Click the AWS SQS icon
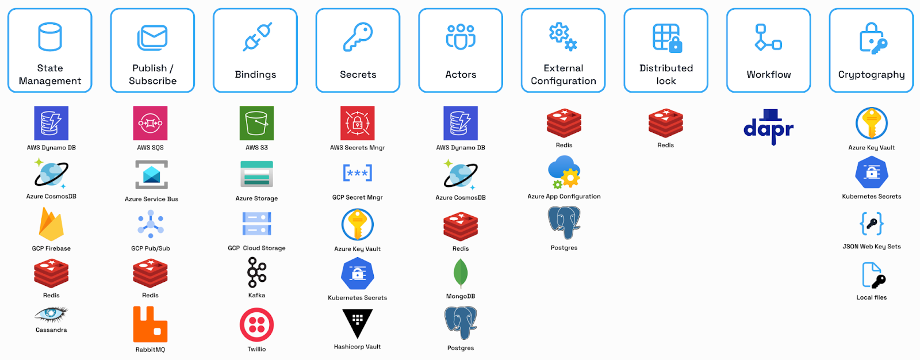(150, 123)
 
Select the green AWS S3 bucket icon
(256, 123)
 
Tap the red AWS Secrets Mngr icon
(357, 123)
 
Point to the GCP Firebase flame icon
(51, 224)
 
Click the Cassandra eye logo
(51, 314)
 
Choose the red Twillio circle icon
(256, 325)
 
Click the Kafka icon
(256, 272)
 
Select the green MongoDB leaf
(461, 273)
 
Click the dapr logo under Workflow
(768, 127)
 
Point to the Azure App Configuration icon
(564, 173)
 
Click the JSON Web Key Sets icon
(872, 223)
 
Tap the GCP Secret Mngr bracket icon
(357, 173)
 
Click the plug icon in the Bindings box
(256, 37)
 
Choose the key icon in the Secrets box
(358, 37)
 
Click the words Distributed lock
(666, 74)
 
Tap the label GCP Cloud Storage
(256, 248)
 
